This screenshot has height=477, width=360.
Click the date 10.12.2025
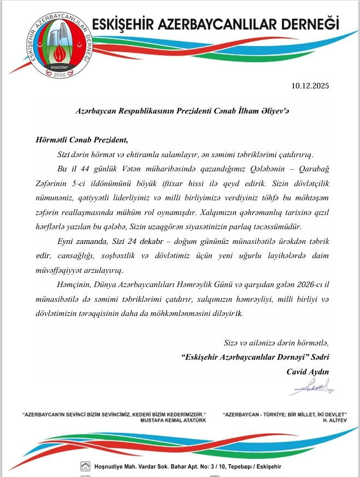coord(310,86)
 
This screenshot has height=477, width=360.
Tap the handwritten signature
coord(311,389)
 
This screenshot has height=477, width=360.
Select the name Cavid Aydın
coord(308,372)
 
